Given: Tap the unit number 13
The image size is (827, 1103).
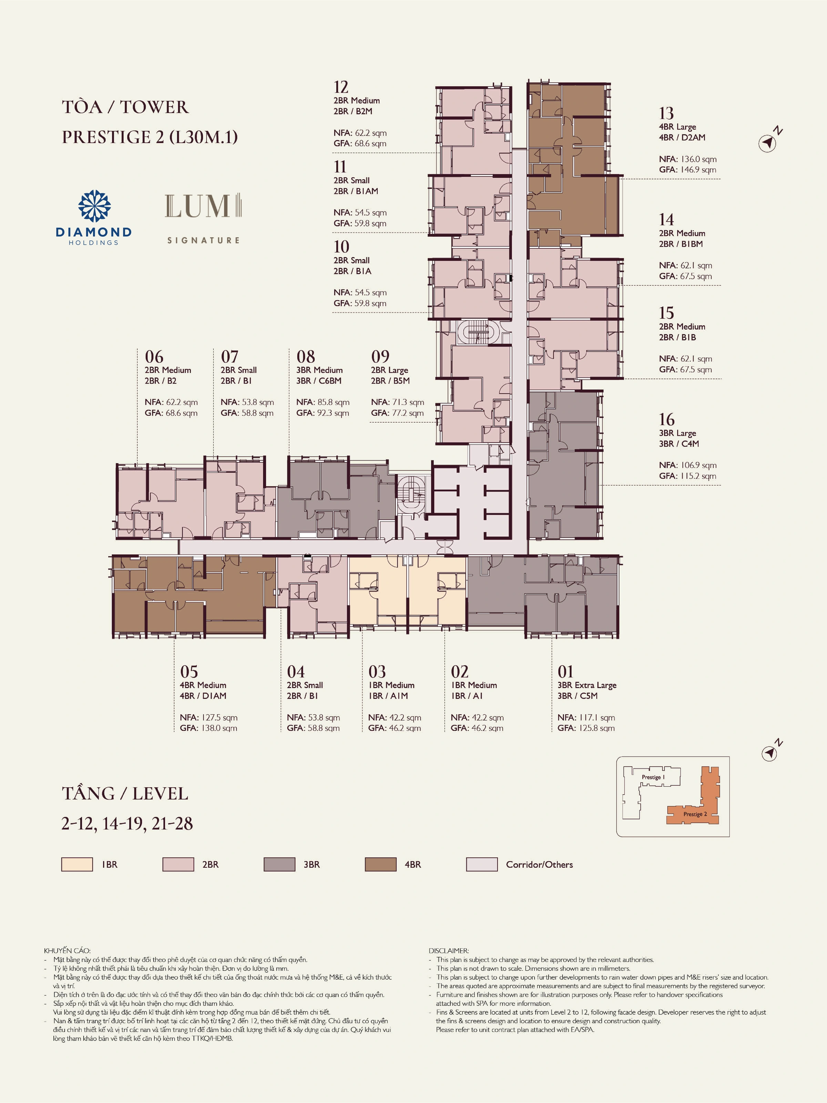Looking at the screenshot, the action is pyautogui.click(x=666, y=113).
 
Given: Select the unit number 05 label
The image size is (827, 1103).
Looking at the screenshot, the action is pyautogui.click(x=189, y=671).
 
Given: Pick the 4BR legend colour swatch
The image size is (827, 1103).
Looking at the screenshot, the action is pyautogui.click(x=380, y=864).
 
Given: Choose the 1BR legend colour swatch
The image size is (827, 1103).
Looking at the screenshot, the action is pyautogui.click(x=77, y=864).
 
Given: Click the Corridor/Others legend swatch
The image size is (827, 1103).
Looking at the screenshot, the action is pyautogui.click(x=482, y=864).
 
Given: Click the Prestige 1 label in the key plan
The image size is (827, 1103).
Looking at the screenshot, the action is pyautogui.click(x=653, y=777).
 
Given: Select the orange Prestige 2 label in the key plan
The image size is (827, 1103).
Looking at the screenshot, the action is pyautogui.click(x=695, y=814).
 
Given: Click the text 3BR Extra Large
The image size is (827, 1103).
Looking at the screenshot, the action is pyautogui.click(x=587, y=685).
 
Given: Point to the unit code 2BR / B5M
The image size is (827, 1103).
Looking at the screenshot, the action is pyautogui.click(x=390, y=380).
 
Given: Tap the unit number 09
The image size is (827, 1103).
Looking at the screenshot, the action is pyautogui.click(x=380, y=357).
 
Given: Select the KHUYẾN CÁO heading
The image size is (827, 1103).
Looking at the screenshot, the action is pyautogui.click(x=67, y=950).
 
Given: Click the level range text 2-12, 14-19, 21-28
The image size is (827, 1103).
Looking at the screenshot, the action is pyautogui.click(x=127, y=823).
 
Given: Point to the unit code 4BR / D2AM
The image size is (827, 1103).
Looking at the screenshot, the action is pyautogui.click(x=682, y=137).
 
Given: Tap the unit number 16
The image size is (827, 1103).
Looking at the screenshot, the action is pyautogui.click(x=667, y=419).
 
